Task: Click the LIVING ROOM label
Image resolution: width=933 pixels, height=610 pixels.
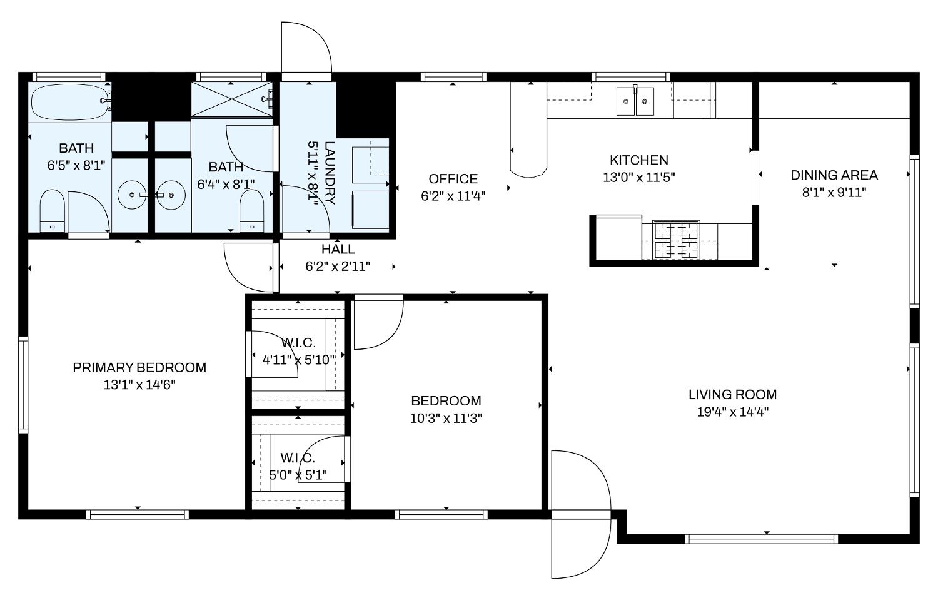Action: pos(733,394)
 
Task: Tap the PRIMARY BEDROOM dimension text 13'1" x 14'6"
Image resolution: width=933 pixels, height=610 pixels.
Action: pos(139,385)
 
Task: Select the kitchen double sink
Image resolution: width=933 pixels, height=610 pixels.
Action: pos(635,101)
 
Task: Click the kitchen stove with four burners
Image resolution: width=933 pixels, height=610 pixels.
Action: pos(677,240)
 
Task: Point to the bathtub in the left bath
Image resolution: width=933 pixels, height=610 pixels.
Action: pos(69,103)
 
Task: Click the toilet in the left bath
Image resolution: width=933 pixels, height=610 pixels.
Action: pos(52,211)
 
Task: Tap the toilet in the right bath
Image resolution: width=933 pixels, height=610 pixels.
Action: pos(251,211)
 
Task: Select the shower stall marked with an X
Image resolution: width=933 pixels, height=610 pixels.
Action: pos(231,99)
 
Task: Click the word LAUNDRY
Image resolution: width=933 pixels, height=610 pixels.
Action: pos(329,173)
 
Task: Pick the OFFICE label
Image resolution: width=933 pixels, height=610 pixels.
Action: pos(453,179)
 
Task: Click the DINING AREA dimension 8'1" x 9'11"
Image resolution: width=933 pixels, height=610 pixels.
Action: pos(834,193)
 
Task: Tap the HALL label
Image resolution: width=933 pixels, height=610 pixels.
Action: pos(338,249)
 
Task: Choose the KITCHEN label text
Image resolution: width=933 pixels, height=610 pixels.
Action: pos(639,160)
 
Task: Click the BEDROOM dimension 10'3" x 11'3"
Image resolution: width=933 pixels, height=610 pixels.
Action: pos(446,418)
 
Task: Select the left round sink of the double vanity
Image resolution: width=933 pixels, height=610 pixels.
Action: pos(131,195)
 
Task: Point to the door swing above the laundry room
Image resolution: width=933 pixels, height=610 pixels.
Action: pos(306,48)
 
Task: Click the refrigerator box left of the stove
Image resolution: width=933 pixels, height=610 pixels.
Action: pos(619,238)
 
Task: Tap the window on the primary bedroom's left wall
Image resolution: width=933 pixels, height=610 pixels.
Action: pos(23,385)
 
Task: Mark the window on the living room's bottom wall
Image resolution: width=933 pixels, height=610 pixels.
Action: pos(762,539)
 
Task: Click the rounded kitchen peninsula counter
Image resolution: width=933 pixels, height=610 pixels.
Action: pos(528,130)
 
